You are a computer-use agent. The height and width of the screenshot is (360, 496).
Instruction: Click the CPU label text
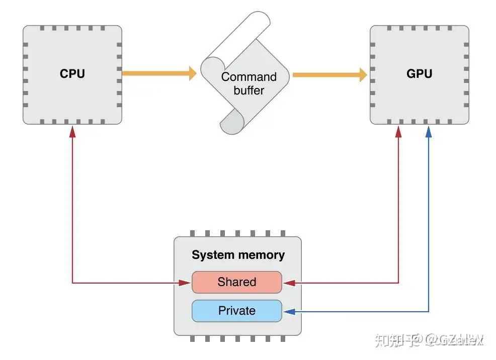72,73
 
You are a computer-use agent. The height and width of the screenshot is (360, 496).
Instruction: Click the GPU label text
419,73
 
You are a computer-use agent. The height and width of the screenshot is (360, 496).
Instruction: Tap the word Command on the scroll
249,77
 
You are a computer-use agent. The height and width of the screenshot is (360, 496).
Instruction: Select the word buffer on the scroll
249,91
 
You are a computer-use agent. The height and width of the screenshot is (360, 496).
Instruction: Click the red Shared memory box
236,282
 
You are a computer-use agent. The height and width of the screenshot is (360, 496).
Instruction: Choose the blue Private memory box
236,311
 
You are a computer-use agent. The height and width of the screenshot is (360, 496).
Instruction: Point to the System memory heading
238,254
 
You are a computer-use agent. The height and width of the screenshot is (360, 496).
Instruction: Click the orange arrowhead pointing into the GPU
362,75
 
